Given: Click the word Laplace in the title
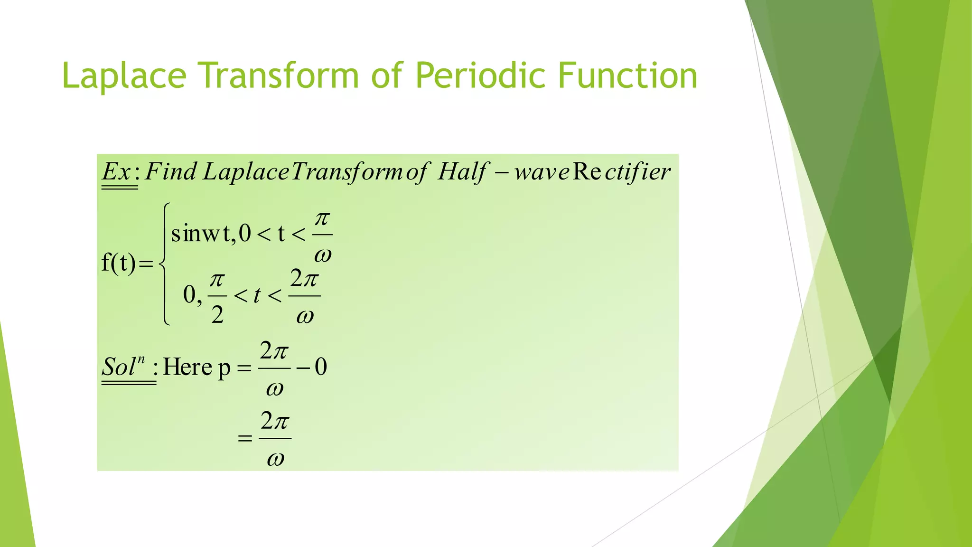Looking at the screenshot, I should (124, 76).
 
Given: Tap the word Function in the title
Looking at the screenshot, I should (627, 76).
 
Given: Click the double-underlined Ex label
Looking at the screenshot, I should (117, 172).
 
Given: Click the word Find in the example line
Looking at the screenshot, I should (170, 172).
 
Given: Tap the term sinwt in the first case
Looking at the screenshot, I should (201, 234).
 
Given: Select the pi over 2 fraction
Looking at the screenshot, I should (217, 297).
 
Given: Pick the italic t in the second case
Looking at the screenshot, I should (257, 296).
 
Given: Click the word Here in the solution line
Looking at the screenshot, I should (187, 367).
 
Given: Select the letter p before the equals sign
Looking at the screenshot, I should (224, 368).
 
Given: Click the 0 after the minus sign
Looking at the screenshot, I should (321, 367).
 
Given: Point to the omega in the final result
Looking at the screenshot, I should (275, 459).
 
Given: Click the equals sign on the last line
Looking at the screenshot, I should (245, 438).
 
